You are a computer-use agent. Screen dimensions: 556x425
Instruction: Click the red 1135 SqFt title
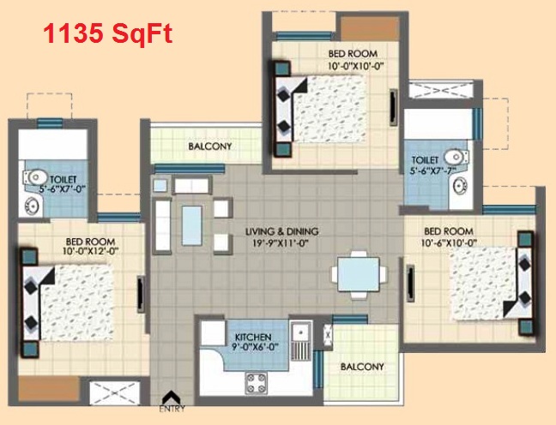[x=108, y=33]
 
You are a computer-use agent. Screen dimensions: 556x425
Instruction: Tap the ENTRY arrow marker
[x=172, y=396]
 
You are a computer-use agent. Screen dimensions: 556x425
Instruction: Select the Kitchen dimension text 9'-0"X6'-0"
[x=255, y=347]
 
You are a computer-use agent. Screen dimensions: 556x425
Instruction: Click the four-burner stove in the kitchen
[x=256, y=383]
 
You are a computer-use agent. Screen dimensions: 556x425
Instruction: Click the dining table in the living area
[x=359, y=274]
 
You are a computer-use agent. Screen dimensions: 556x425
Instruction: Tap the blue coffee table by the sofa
[x=192, y=225]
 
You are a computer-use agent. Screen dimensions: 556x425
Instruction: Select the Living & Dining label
[x=282, y=231]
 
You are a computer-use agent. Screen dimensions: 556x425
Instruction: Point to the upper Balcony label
[x=210, y=146]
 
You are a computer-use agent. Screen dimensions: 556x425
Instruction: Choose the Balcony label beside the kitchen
[x=362, y=366]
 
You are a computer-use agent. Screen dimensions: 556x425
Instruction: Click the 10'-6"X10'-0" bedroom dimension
[x=449, y=243]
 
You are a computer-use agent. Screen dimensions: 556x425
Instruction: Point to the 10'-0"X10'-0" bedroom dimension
[x=357, y=66]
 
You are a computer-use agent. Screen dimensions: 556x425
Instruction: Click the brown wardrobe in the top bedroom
[x=370, y=28]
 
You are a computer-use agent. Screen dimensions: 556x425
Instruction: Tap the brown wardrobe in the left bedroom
[x=49, y=389]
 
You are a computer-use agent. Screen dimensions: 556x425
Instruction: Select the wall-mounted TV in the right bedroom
[x=410, y=283]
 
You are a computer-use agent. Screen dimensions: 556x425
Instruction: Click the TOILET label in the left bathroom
[x=63, y=180]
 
